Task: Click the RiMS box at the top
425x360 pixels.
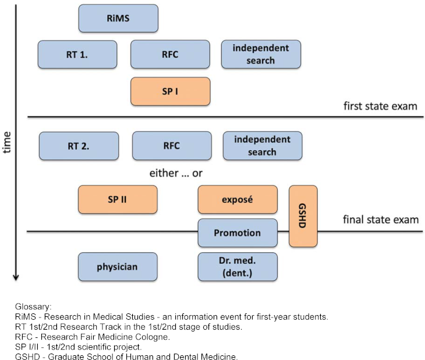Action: click(118, 18)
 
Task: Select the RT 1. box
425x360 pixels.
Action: click(77, 55)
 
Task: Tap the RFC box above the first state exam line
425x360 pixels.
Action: click(170, 55)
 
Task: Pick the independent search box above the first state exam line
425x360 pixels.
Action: click(261, 55)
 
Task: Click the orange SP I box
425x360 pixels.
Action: click(170, 91)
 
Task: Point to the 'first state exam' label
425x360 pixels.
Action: click(381, 106)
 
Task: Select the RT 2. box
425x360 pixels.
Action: click(79, 146)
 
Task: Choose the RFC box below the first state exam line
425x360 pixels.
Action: click(172, 146)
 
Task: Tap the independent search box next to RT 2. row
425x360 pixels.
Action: click(263, 146)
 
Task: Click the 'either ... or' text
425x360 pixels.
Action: click(176, 174)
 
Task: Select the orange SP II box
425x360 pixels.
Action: click(118, 199)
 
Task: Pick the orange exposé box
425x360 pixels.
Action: click(238, 199)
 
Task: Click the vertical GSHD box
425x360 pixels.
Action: click(303, 216)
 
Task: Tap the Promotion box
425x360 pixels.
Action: click(238, 233)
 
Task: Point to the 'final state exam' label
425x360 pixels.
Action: click(381, 220)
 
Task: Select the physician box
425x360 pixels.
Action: click(118, 267)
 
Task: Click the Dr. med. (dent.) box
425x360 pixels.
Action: click(238, 267)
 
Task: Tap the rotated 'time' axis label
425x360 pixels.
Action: click(8, 142)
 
